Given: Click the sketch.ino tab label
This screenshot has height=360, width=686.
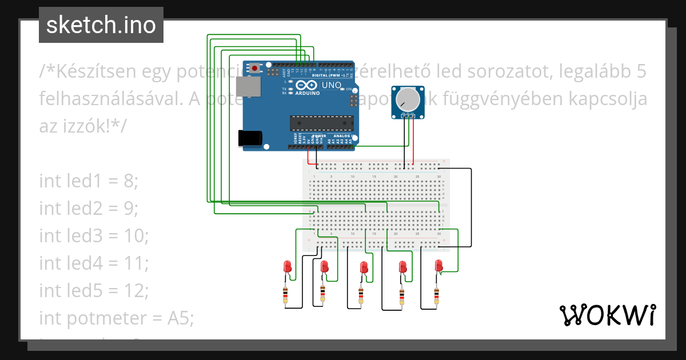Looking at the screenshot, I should pyautogui.click(x=101, y=25).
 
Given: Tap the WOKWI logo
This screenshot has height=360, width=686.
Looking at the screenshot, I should pyautogui.click(x=607, y=315).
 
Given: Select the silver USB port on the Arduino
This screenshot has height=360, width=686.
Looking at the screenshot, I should pyautogui.click(x=249, y=86).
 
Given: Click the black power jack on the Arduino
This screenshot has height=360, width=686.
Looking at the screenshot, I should pyautogui.click(x=250, y=137).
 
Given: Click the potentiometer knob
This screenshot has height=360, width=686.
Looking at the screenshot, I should pyautogui.click(x=408, y=100).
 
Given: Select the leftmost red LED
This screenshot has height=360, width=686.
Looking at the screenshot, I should pyautogui.click(x=288, y=267).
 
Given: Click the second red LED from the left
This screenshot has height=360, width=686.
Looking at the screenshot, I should pyautogui.click(x=325, y=267).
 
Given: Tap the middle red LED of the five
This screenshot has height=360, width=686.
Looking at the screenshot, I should pyautogui.click(x=363, y=267).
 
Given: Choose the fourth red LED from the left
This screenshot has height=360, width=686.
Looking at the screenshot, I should pyautogui.click(x=402, y=267).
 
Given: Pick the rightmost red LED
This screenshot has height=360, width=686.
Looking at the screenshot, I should pyautogui.click(x=439, y=266).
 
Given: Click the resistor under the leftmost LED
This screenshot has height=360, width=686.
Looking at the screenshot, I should pyautogui.click(x=286, y=295).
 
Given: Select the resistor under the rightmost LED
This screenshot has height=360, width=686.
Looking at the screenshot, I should pyautogui.click(x=437, y=295).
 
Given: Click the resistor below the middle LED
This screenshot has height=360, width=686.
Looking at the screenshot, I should pyautogui.click(x=361, y=295).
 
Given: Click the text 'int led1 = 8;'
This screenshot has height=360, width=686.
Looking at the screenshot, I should pyautogui.click(x=89, y=181).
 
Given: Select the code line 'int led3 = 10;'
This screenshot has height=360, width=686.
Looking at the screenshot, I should pyautogui.click(x=94, y=236).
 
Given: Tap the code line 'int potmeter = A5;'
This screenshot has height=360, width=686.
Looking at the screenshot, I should pyautogui.click(x=117, y=318).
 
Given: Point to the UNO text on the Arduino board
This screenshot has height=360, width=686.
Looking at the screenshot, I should pyautogui.click(x=332, y=86).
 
